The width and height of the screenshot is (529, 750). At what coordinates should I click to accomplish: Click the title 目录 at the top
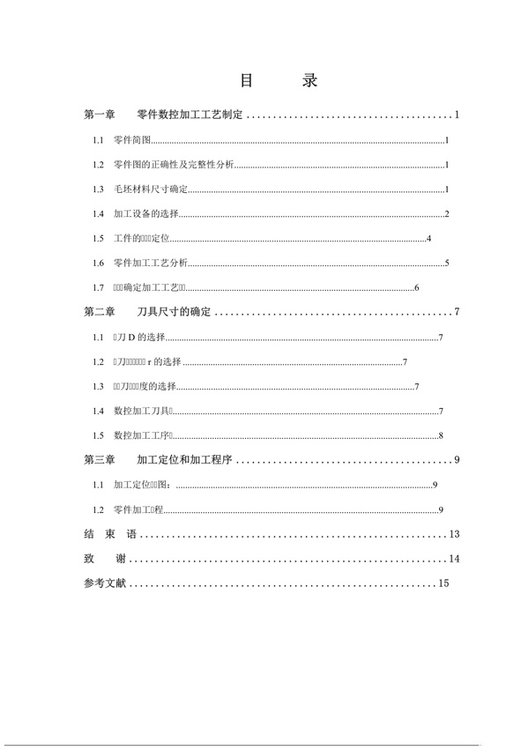point(278,80)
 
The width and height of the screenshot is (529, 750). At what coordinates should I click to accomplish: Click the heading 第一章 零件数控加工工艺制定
point(163,115)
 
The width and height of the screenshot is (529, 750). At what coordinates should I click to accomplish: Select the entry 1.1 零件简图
point(133,140)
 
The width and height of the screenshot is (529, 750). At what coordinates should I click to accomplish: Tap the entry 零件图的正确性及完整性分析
point(174,165)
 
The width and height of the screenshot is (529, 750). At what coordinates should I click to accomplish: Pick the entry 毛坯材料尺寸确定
point(151,189)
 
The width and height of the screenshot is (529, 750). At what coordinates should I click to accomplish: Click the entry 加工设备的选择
point(145,214)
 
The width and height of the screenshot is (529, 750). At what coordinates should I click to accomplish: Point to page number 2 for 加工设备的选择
point(448,214)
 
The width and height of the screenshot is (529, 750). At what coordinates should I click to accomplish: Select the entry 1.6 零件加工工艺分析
point(151,263)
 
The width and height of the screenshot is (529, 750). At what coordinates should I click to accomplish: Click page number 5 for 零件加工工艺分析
point(448,263)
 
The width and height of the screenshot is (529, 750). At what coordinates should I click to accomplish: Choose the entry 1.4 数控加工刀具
point(143,412)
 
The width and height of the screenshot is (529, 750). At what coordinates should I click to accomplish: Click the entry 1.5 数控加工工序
point(143,435)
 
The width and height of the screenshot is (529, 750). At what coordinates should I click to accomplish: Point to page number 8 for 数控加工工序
point(440,435)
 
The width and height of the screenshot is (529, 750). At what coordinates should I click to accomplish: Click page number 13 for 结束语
point(454,534)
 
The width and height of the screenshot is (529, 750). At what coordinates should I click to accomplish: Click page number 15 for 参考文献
point(443,583)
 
